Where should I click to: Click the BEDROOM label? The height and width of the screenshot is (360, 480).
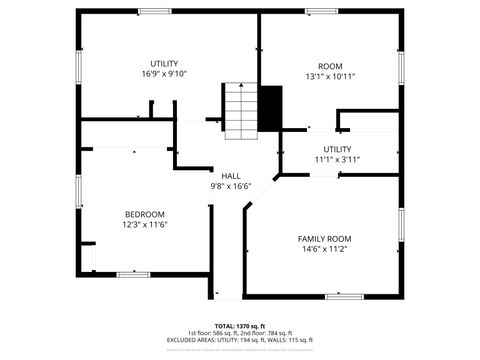click(x=138, y=214)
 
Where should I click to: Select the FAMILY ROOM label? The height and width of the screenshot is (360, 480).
click(x=325, y=238)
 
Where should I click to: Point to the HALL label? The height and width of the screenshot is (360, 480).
click(x=231, y=175)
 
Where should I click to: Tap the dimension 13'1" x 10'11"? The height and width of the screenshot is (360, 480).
click(x=330, y=76)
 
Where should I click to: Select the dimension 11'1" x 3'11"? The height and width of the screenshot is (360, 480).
click(x=337, y=159)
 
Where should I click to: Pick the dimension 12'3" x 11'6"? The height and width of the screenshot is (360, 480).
click(x=138, y=224)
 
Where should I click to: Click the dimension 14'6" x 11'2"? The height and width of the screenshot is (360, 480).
click(x=325, y=249)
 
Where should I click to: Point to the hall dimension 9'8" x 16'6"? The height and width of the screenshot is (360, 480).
click(x=231, y=186)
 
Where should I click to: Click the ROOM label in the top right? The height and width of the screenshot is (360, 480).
click(x=330, y=65)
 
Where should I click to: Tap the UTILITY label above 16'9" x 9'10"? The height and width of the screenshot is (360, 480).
click(x=164, y=64)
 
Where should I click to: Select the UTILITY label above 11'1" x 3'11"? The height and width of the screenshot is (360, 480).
click(x=337, y=148)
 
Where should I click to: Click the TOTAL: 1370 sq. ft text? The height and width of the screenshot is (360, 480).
click(x=240, y=325)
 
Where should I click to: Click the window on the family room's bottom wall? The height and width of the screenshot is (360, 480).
click(x=342, y=296)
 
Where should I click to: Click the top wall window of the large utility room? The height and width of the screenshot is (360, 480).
click(x=154, y=12)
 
